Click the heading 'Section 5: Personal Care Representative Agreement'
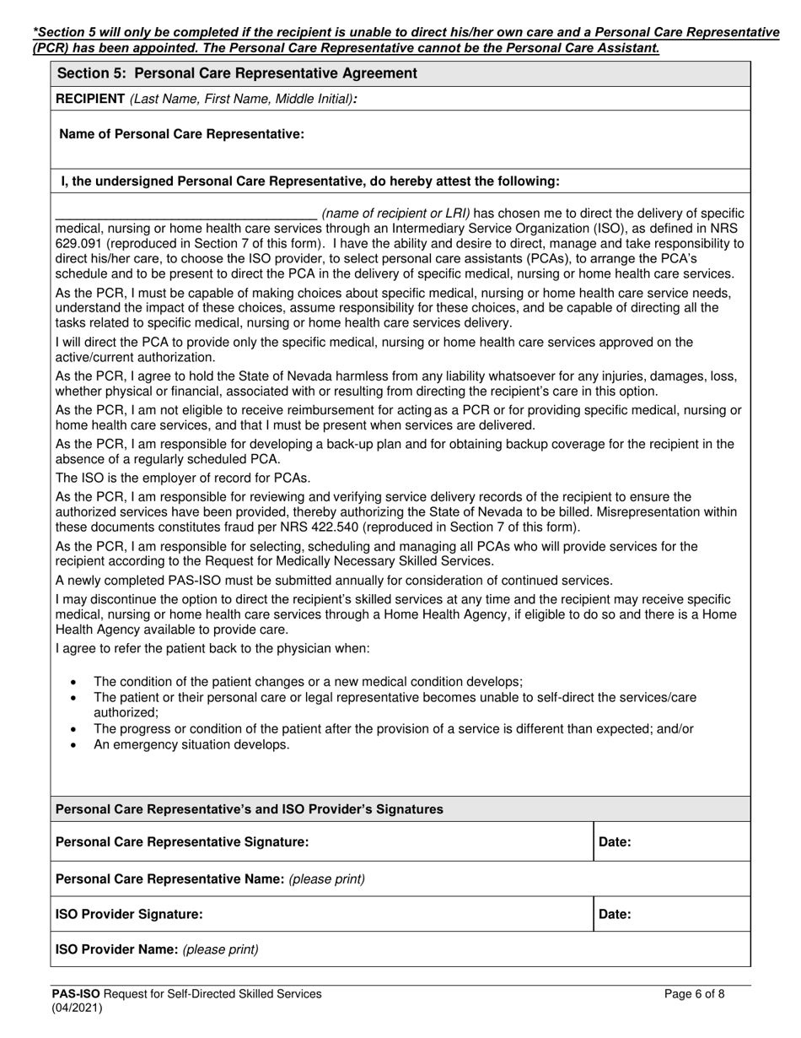[237, 73]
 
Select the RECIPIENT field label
[90, 99]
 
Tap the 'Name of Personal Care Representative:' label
[182, 134]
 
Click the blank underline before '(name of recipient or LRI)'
[185, 214]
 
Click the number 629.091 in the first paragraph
[78, 244]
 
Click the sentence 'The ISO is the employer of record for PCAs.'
[177, 478]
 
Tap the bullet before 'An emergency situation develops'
[74, 745]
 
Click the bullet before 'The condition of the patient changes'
[74, 682]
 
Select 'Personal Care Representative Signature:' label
[182, 841]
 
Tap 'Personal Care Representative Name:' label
[169, 879]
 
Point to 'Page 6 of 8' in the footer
[694, 994]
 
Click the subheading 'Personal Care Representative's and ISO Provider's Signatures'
[249, 809]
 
